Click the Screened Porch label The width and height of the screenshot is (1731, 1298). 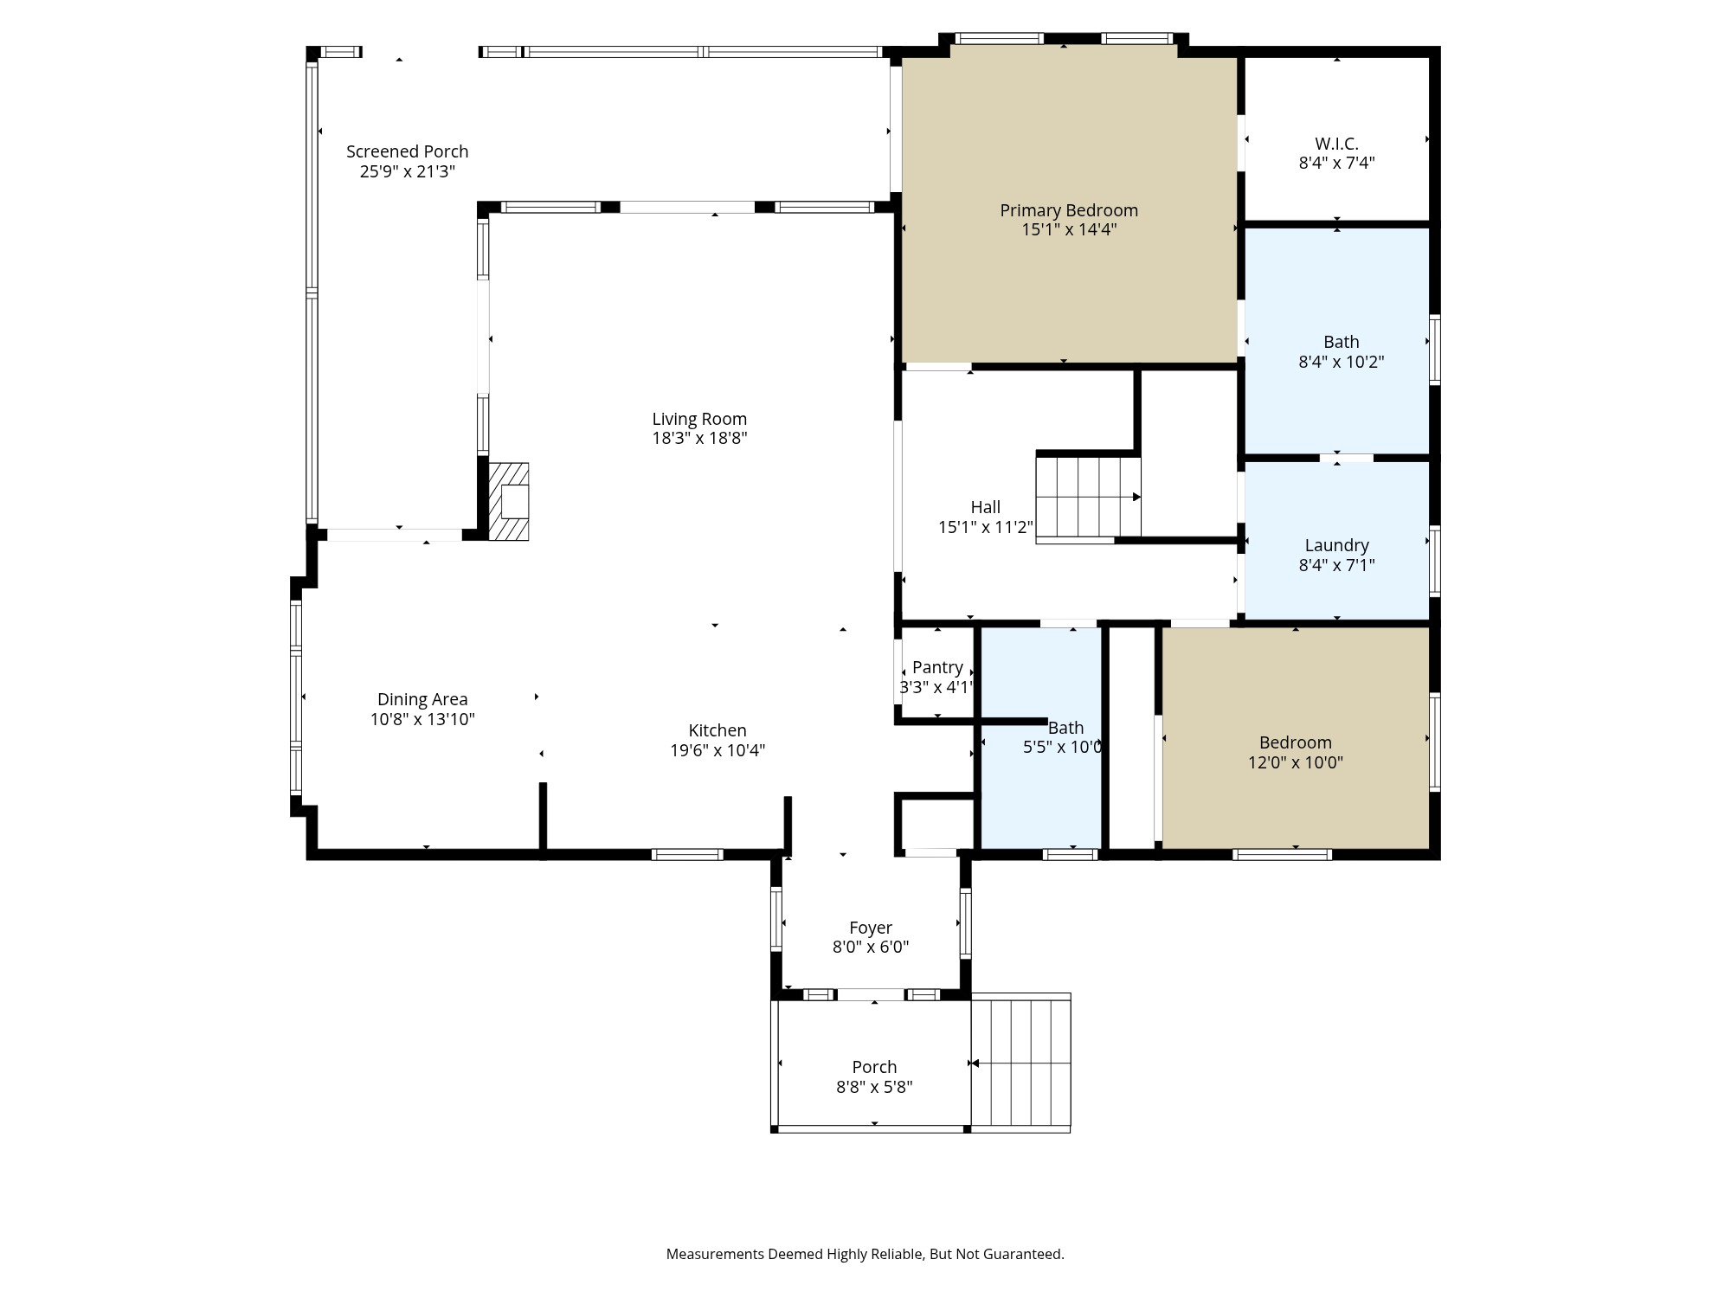(x=407, y=151)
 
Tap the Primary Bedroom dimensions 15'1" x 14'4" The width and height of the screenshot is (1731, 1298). (x=1069, y=230)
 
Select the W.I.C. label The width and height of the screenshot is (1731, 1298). (x=1336, y=144)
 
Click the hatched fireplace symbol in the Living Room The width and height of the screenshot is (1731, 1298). (x=509, y=502)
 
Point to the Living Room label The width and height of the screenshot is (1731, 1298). (x=699, y=419)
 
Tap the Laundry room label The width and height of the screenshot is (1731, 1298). (x=1336, y=545)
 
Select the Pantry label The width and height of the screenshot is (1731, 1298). (x=937, y=667)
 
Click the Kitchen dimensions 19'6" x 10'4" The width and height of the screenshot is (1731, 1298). (x=717, y=750)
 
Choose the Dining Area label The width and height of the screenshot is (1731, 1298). (x=422, y=699)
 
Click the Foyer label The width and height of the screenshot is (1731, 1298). (x=871, y=928)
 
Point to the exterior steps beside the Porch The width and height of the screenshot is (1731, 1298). (x=1021, y=1063)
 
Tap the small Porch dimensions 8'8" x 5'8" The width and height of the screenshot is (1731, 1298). (x=874, y=1087)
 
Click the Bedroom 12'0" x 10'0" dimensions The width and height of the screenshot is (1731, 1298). (x=1295, y=762)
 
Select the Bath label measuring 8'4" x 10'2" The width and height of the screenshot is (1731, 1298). (x=1341, y=342)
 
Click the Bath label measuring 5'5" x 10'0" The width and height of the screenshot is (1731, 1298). (x=1065, y=728)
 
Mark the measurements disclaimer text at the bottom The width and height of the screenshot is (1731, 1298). (x=865, y=1254)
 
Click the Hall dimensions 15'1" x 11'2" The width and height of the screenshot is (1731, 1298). (x=985, y=527)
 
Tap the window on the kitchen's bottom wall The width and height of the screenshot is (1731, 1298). (x=687, y=855)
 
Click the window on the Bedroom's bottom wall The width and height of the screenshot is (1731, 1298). (x=1282, y=855)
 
